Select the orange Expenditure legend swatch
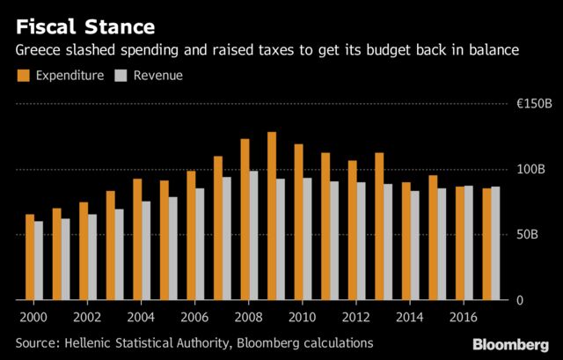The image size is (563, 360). point(23,76)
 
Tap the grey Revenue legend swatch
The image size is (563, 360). point(122,76)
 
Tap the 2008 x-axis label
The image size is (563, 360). point(247,316)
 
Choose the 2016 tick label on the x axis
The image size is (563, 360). point(463,316)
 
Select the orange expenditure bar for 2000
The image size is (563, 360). point(30,257)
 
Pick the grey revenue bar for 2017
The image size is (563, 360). point(495,243)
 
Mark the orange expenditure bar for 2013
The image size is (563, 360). point(379,226)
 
